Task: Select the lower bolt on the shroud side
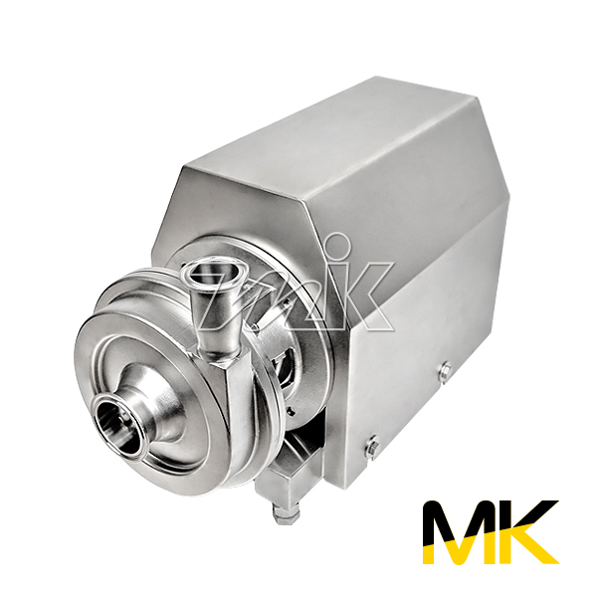point(372,448)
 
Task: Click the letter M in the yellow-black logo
point(460,531)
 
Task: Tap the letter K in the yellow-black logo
point(526,531)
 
